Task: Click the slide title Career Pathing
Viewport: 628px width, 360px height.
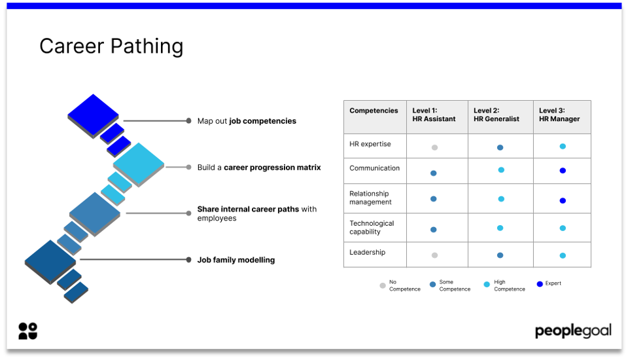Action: pyautogui.click(x=111, y=46)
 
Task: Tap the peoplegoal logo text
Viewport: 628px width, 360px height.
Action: pyautogui.click(x=573, y=331)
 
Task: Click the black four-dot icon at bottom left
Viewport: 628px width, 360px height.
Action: pyautogui.click(x=27, y=331)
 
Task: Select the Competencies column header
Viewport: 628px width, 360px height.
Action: pyautogui.click(x=374, y=111)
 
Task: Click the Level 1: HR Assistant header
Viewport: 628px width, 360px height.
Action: pyautogui.click(x=434, y=115)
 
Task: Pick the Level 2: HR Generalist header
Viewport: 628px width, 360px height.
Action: pyautogui.click(x=496, y=115)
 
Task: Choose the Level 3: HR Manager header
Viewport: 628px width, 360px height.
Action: pyautogui.click(x=559, y=115)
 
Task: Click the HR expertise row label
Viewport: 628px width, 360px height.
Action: pyautogui.click(x=370, y=144)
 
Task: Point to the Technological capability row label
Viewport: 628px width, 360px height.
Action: pyautogui.click(x=372, y=227)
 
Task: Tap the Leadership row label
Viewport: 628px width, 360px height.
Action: pyautogui.click(x=367, y=253)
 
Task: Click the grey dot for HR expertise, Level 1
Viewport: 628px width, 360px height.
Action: pyautogui.click(x=434, y=147)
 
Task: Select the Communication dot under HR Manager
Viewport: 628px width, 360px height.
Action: pyautogui.click(x=563, y=171)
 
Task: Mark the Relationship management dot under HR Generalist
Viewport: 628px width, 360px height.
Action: pyautogui.click(x=501, y=199)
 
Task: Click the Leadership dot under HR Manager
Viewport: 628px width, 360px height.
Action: pyautogui.click(x=563, y=255)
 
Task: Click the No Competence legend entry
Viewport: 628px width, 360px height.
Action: pyautogui.click(x=400, y=285)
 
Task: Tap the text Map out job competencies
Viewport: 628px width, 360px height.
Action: pyautogui.click(x=247, y=121)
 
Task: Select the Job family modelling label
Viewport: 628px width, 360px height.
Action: pyautogui.click(x=235, y=260)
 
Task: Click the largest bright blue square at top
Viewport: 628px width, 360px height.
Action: pyautogui.click(x=93, y=116)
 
